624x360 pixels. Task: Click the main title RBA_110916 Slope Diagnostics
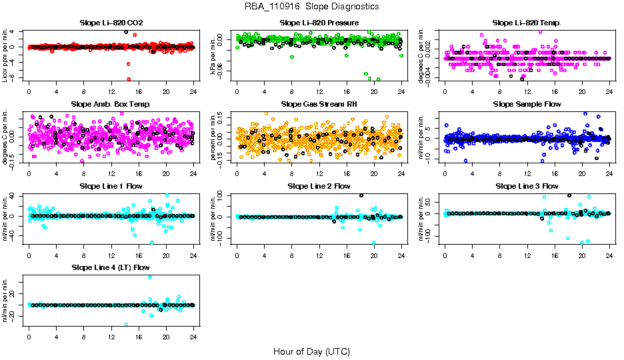pos(311,6)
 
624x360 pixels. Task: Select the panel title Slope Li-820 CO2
pos(111,23)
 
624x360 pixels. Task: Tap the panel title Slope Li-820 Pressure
pos(319,23)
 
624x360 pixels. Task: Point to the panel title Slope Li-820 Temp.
pos(527,23)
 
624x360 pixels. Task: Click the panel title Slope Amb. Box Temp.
pos(111,104)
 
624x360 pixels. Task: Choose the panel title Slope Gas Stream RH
pos(319,104)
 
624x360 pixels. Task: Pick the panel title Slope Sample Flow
pos(527,104)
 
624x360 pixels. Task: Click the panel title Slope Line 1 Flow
pos(111,185)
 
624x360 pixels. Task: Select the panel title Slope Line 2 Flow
pos(319,185)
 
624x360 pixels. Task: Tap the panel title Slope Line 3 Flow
pos(527,185)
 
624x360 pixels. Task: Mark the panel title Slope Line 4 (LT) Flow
pos(111,267)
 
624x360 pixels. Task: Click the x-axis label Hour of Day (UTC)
pos(311,351)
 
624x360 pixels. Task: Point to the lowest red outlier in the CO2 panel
pos(128,79)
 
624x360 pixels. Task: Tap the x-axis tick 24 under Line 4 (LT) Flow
pos(193,337)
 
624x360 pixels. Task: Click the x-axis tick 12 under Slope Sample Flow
pos(527,174)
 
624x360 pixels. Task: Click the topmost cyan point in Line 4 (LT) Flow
pos(149,277)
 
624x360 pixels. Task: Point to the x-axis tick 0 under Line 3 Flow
pos(445,255)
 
